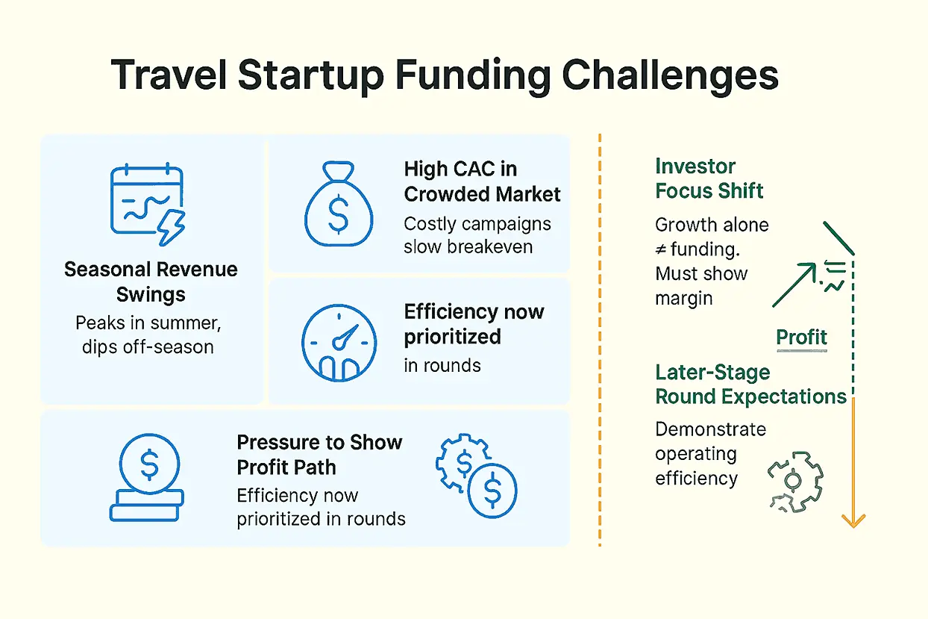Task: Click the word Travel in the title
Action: point(169,75)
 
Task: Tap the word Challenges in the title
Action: point(670,77)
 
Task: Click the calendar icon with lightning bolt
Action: point(148,204)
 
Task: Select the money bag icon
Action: point(339,204)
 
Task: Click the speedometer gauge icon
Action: point(339,343)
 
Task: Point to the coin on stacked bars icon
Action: point(147,477)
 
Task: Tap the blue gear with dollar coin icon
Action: point(476,476)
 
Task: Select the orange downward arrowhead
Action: point(853,520)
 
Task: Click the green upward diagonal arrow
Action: point(794,284)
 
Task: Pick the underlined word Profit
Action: point(801,337)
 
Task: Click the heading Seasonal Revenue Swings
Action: point(151,282)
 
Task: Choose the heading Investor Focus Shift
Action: point(709,178)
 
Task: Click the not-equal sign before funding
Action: point(661,249)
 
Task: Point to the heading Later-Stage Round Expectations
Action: point(750,385)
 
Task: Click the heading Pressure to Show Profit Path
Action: point(319,455)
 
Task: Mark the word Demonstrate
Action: point(710,429)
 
